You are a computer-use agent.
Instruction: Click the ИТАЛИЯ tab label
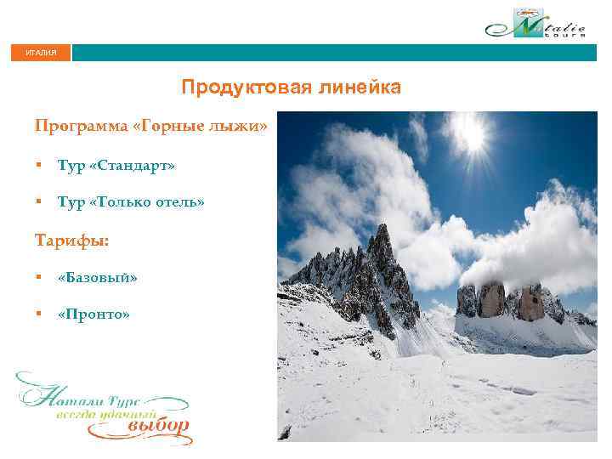click(x=41, y=53)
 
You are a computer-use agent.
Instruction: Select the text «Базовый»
click(x=97, y=277)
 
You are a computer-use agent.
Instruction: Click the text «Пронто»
click(x=93, y=314)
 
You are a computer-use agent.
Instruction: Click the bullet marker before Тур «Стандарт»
click(x=39, y=166)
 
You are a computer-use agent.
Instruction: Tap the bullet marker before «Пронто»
click(x=39, y=314)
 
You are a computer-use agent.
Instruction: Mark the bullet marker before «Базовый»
click(x=39, y=277)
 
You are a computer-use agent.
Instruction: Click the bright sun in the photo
click(x=467, y=133)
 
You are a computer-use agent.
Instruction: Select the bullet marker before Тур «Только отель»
click(x=39, y=202)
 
